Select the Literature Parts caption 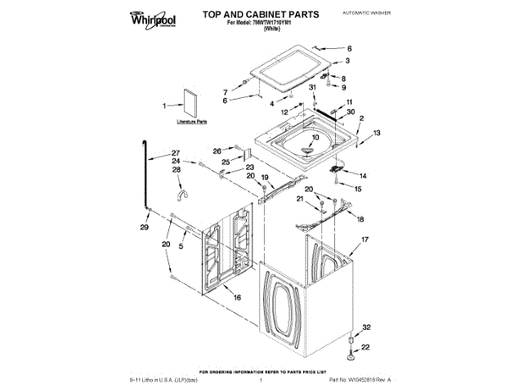pos(192,122)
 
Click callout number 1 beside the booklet pos(163,105)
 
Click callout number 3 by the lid pos(348,60)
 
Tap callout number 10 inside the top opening pos(315,140)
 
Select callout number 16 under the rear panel pos(238,298)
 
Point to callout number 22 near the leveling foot pos(365,347)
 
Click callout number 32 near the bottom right pos(366,327)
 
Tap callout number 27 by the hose pos(174,154)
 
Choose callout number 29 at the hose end pos(145,228)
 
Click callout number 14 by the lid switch pos(364,176)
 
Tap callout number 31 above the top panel pos(312,87)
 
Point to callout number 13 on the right pos(377,132)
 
